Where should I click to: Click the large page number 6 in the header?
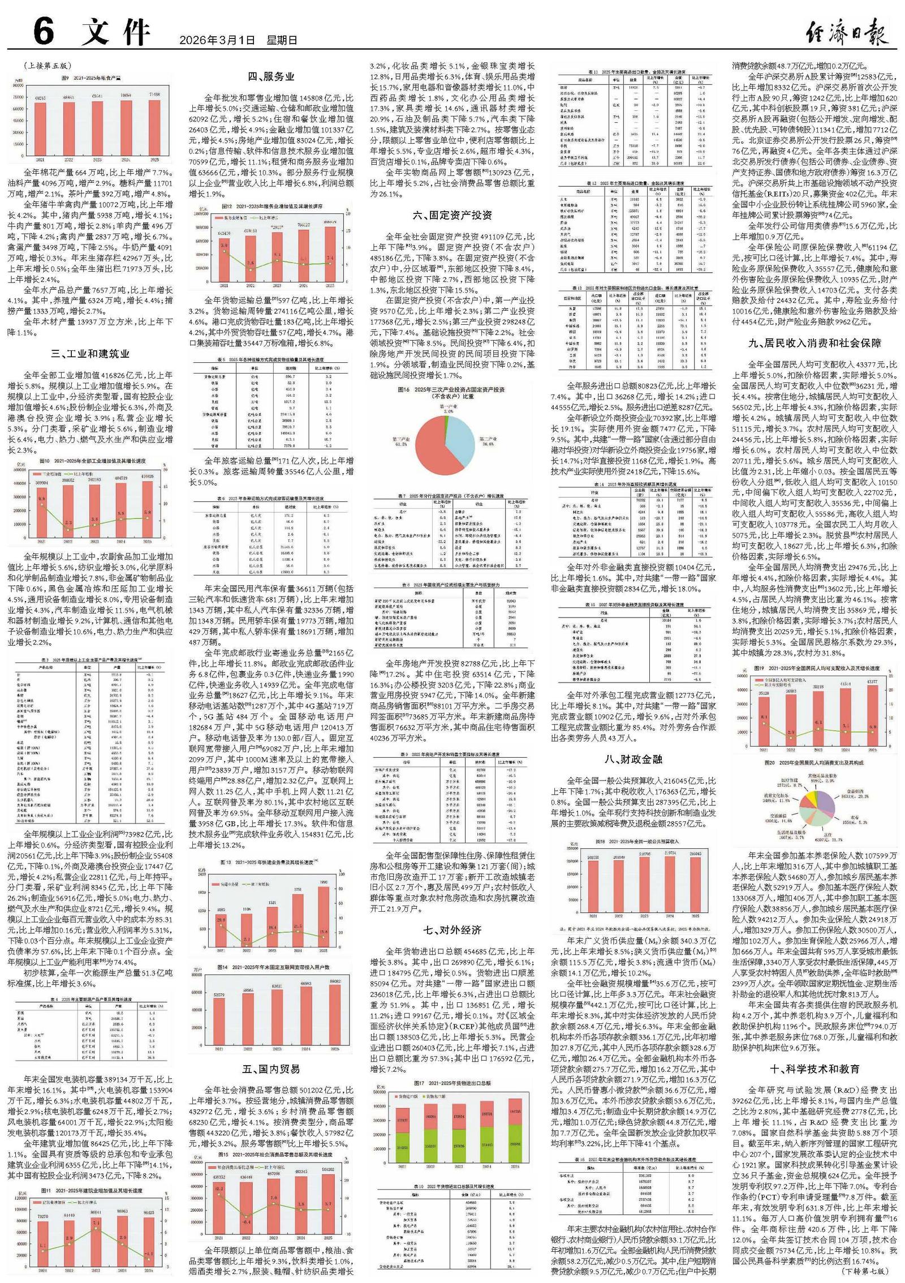(x=43, y=32)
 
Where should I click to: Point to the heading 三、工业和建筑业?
(x=90, y=354)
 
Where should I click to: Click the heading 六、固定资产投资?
(x=452, y=214)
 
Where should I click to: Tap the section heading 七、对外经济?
(x=452, y=930)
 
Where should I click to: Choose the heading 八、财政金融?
(x=633, y=759)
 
